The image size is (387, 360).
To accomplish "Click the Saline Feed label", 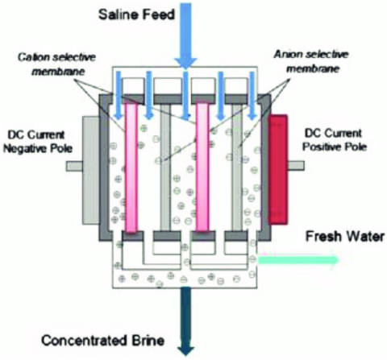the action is pos(136,14).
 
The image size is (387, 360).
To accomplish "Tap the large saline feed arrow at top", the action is pos(185,35).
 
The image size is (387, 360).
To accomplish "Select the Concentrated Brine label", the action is pos(102,341).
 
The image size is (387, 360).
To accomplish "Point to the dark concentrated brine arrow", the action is pos(185,321).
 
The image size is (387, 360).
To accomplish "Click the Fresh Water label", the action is pos(345,237).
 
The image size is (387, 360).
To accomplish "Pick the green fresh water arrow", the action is pos(298,259).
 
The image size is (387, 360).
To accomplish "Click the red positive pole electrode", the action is pos(278,169).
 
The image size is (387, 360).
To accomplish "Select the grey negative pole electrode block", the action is pos(91,170).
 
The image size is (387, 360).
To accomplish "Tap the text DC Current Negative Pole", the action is pos(38,142).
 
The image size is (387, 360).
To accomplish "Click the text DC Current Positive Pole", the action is pos(335,140).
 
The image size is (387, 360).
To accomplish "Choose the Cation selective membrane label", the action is pos(57,64).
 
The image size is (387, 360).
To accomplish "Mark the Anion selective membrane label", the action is pos(311,61).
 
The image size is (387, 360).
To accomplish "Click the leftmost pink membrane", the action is pos(131,168).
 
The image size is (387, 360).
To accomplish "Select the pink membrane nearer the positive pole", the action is pos(202,167).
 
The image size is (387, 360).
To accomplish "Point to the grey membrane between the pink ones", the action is pos(165,167).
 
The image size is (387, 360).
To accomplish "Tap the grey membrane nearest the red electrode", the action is pos(237,167).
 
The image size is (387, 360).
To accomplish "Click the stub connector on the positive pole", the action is pos(296,165).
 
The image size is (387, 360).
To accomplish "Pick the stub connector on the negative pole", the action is pos(74,166).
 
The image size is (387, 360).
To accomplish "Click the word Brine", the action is pos(148,341).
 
